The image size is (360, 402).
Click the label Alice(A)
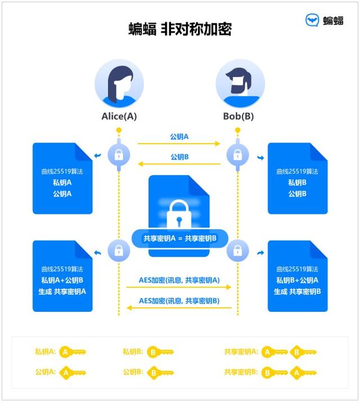click(119, 117)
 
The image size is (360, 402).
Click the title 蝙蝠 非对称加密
click(180, 29)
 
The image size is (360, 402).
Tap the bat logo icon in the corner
click(312, 21)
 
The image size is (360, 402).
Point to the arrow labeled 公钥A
click(179, 144)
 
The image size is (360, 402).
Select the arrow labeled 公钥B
click(179, 164)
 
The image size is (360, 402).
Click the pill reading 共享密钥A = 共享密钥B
click(179, 238)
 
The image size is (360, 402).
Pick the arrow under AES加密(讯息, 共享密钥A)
click(179, 287)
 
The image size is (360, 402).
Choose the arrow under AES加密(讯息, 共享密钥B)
click(179, 307)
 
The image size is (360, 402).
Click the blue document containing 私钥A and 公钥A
click(62, 178)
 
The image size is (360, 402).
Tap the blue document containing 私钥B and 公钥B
click(297, 178)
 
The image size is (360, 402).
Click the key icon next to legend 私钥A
click(73, 352)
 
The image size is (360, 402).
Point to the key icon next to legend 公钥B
click(160, 372)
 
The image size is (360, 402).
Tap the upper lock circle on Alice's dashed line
click(119, 154)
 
